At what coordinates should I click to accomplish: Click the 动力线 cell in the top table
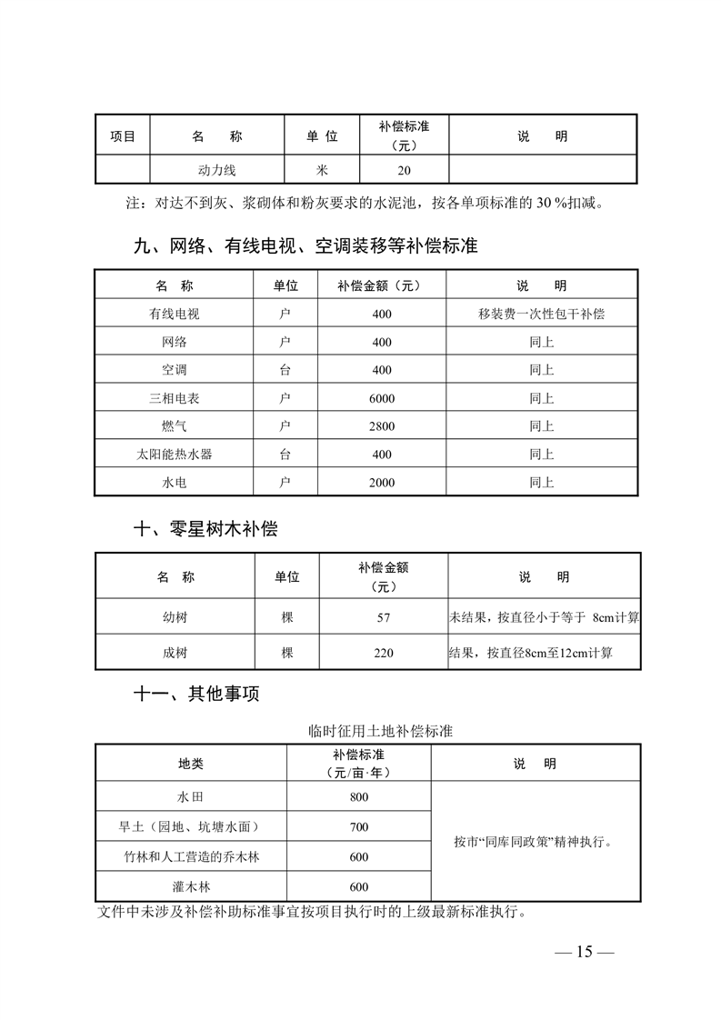(x=217, y=170)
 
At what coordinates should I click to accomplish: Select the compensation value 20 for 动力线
(x=405, y=170)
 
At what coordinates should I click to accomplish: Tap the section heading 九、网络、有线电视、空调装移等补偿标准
(x=305, y=245)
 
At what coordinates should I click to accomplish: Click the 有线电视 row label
(x=175, y=315)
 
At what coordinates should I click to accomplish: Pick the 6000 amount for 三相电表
(x=382, y=398)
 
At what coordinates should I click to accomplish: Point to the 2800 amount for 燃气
(x=382, y=426)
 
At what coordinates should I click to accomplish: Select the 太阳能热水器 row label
(x=175, y=455)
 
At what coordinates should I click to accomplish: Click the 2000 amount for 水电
(x=382, y=483)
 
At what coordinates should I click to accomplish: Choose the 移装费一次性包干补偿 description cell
(x=542, y=315)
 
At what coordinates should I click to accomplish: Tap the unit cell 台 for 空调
(x=285, y=370)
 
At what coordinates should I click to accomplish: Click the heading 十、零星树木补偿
(x=205, y=529)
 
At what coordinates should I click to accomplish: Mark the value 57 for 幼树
(x=383, y=618)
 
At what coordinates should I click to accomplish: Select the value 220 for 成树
(x=383, y=653)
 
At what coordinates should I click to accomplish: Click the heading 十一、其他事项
(x=196, y=695)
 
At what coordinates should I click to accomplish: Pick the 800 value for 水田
(x=358, y=797)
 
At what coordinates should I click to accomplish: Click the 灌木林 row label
(x=192, y=886)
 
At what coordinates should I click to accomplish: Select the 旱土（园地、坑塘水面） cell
(x=192, y=827)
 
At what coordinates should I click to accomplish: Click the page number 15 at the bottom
(x=584, y=952)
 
